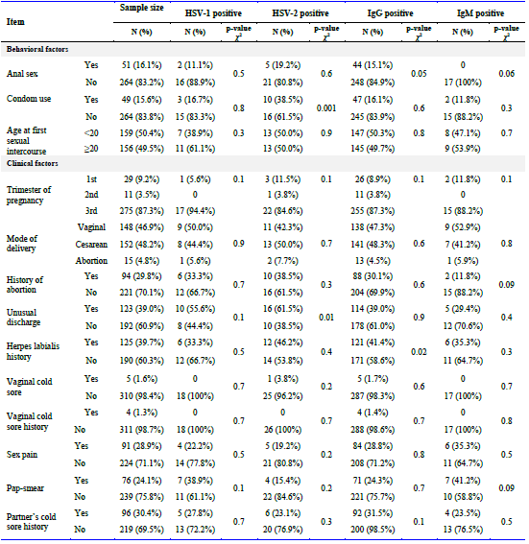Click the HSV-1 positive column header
pyautogui.click(x=213, y=13)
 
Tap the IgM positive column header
pyautogui.click(x=480, y=13)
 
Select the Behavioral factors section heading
pyautogui.click(x=37, y=49)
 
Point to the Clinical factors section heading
pyautogui.click(x=33, y=163)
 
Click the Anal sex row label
pyautogui.click(x=22, y=74)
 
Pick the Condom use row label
pyautogui.click(x=29, y=99)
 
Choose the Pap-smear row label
pyautogui.click(x=25, y=488)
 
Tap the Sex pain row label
pyautogui.click(x=22, y=455)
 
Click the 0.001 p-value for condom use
pyautogui.click(x=326, y=108)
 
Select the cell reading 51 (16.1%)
pyautogui.click(x=142, y=65)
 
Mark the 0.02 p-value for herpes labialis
pyautogui.click(x=419, y=352)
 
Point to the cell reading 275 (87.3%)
pyautogui.click(x=142, y=211)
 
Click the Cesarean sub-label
pyautogui.click(x=91, y=245)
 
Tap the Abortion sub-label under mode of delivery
pyautogui.click(x=91, y=261)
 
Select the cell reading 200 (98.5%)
pyautogui.click(x=373, y=530)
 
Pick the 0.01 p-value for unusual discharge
pyautogui.click(x=326, y=318)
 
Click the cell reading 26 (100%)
pyautogui.click(x=282, y=430)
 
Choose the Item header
pyautogui.click(x=15, y=22)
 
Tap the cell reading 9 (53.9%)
pyautogui.click(x=463, y=149)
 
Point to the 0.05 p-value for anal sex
pyautogui.click(x=419, y=74)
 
